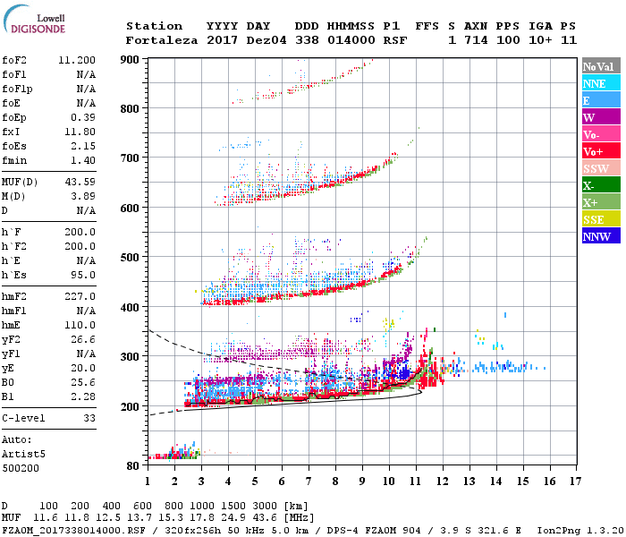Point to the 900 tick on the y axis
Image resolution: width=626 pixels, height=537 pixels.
tap(131, 59)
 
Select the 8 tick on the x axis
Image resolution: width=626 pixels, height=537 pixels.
tap(335, 482)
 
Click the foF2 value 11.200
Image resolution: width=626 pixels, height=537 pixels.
tap(77, 60)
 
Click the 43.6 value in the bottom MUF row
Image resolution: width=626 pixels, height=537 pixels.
tap(268, 518)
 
